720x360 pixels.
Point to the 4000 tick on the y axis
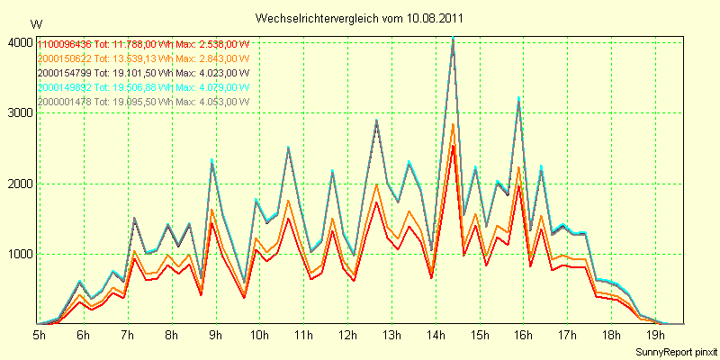19,42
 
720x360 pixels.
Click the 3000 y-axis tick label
19,113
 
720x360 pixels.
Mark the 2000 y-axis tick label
19,184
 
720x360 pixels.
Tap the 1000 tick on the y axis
19,254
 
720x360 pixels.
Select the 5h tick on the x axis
40,334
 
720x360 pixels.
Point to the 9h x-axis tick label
215,334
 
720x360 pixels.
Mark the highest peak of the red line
454,145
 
